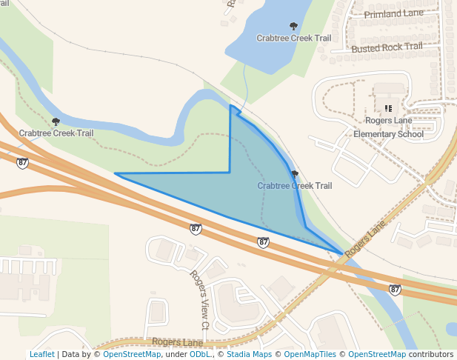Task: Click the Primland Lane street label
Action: tap(393, 13)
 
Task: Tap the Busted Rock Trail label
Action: tap(387, 47)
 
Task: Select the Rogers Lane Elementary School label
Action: tap(388, 127)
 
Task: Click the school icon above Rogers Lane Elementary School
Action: tap(388, 109)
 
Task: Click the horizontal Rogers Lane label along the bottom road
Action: tap(178, 342)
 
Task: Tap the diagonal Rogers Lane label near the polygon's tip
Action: tap(367, 239)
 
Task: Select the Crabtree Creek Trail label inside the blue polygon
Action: tap(295, 186)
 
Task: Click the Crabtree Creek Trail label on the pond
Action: tap(293, 38)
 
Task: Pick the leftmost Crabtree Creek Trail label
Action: tap(56, 133)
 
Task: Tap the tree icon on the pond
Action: tap(293, 26)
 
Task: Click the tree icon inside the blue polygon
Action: tap(295, 175)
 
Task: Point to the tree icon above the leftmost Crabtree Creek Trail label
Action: tap(56, 121)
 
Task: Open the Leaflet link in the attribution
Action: tap(41, 354)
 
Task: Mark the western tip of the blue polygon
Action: tap(116, 174)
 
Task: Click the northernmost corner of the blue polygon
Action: tap(231, 106)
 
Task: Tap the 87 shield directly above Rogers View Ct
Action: tap(195, 229)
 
